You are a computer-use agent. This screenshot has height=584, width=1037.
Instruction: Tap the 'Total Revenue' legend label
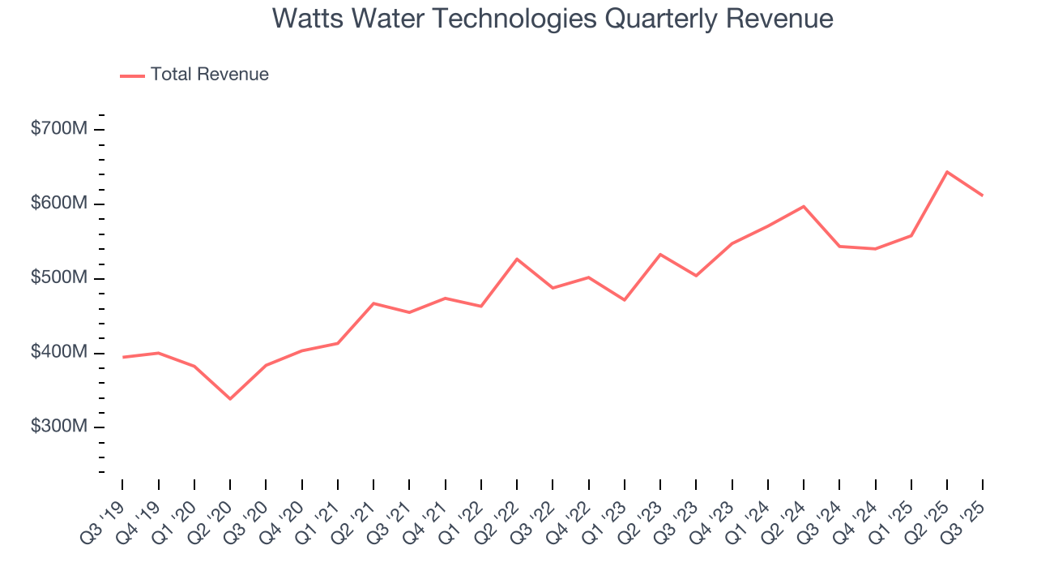point(209,75)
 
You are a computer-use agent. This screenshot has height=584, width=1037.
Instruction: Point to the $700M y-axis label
point(58,129)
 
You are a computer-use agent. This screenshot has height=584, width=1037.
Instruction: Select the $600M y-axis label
point(58,204)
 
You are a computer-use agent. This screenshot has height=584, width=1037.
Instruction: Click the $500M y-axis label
point(58,278)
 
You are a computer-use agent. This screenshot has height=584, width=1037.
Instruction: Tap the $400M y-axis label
point(58,353)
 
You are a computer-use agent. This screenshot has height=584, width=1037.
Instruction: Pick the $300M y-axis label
point(58,427)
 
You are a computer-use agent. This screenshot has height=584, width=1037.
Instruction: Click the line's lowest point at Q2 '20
point(230,399)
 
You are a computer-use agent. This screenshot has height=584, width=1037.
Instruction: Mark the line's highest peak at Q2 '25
point(947,171)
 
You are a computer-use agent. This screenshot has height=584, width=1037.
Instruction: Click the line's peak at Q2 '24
point(804,206)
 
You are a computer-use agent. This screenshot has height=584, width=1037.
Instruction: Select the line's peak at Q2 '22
point(517,259)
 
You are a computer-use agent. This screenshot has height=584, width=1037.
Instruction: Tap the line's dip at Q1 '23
point(625,300)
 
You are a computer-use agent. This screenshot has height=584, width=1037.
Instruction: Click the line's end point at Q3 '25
point(983,195)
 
